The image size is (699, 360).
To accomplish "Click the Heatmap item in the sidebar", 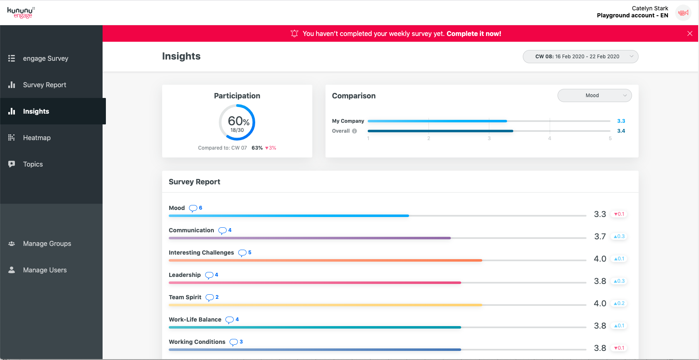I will [x=36, y=138].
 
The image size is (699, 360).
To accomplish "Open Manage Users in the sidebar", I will [x=45, y=270].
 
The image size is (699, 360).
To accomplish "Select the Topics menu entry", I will [x=33, y=164].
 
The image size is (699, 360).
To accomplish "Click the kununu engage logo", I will [x=21, y=12].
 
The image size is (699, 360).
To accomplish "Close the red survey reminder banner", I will [x=689, y=33].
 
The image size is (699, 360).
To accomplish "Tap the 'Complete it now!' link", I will [x=474, y=33].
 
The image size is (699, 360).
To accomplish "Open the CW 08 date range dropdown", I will [x=580, y=57].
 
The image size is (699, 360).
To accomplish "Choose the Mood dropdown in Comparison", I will [x=594, y=95].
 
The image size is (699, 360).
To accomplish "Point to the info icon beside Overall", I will [x=354, y=131].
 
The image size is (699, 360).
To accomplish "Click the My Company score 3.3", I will [x=621, y=121].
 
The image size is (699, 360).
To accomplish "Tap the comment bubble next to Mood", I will [x=193, y=208].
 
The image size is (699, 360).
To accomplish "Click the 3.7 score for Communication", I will [x=600, y=236].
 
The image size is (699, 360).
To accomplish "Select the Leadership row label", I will [x=184, y=275].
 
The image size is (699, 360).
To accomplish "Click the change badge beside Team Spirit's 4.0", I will [x=619, y=303].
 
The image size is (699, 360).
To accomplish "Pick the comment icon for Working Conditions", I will [x=234, y=342].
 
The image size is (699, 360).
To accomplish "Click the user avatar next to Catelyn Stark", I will [x=683, y=12].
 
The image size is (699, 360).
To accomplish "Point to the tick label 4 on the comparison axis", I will [x=550, y=138].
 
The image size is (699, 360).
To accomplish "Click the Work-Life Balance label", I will [x=195, y=319].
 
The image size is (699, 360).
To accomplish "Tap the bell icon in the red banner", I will [x=294, y=33].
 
